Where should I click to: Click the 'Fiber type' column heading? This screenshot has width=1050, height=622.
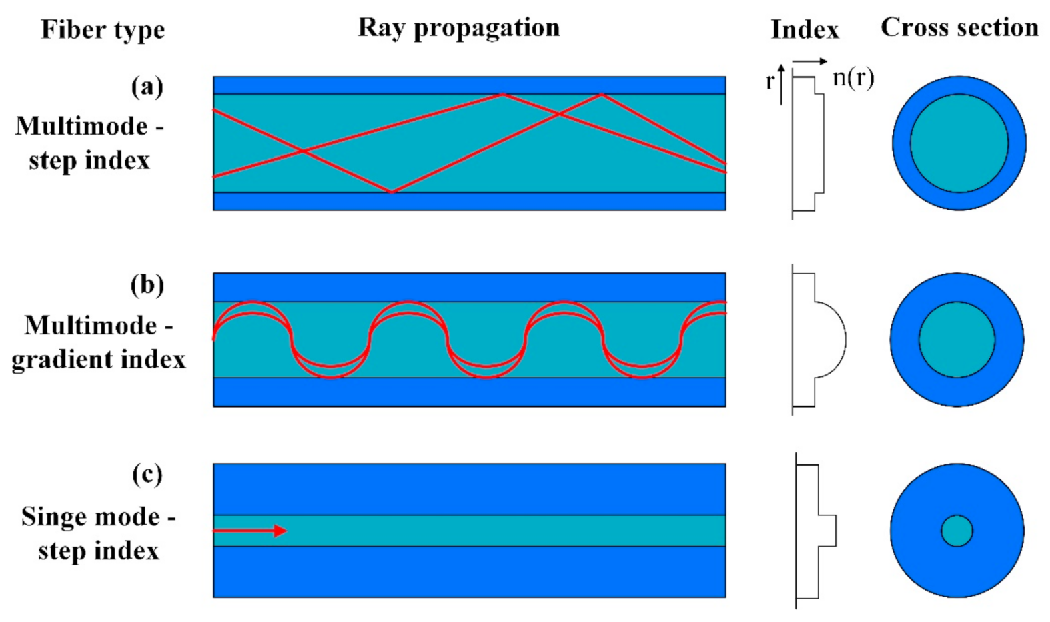[x=103, y=30]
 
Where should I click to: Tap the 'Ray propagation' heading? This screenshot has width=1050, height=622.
[x=459, y=28]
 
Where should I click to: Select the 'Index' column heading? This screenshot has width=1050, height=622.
[x=805, y=30]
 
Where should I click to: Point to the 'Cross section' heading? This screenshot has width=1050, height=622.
[x=959, y=28]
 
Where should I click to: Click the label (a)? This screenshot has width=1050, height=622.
[x=147, y=87]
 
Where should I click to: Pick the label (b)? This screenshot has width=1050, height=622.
[x=147, y=285]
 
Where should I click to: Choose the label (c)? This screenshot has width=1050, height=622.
[x=147, y=475]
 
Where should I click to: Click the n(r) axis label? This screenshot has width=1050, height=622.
[x=853, y=79]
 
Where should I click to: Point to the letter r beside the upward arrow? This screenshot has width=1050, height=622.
[x=770, y=82]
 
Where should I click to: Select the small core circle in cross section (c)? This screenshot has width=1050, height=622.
[x=957, y=531]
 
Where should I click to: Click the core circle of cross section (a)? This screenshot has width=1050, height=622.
[x=959, y=143]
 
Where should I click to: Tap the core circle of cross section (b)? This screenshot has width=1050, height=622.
[x=957, y=340]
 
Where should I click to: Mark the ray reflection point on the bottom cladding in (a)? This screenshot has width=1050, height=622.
[x=392, y=192]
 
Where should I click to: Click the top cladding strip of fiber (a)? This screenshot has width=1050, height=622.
[x=469, y=85]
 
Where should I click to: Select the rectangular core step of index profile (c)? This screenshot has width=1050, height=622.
[x=827, y=531]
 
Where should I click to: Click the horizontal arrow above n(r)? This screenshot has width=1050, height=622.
[x=810, y=62]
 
